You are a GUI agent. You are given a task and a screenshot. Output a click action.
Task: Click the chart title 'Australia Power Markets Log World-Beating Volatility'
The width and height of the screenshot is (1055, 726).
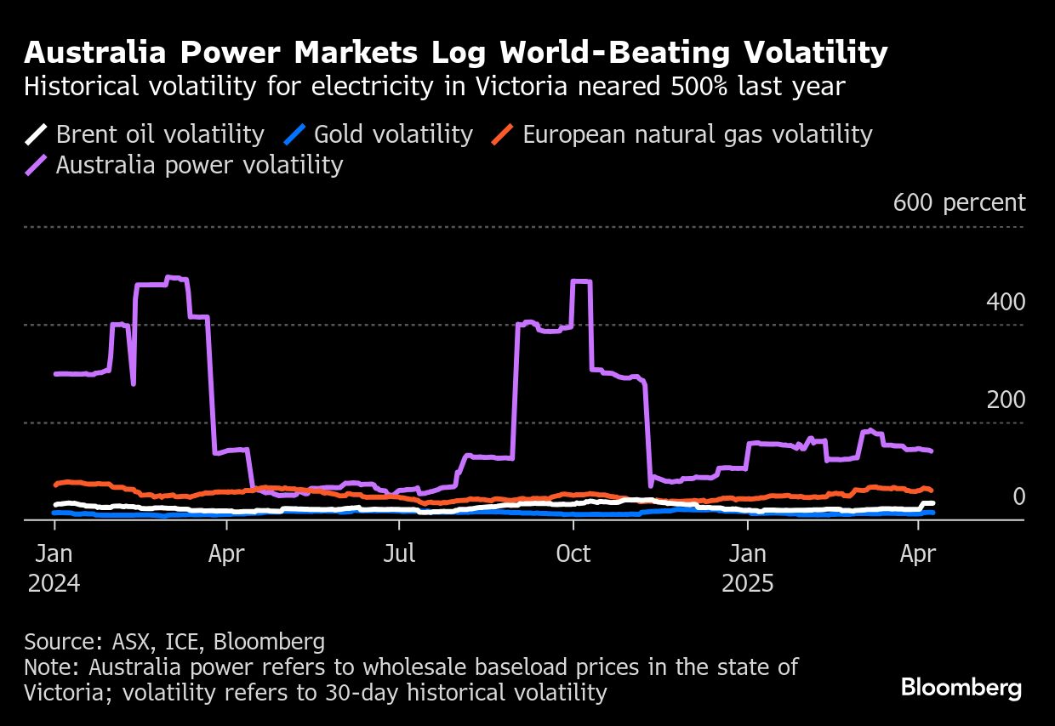456,54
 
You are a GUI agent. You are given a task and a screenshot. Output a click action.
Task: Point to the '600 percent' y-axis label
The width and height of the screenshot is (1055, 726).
959,203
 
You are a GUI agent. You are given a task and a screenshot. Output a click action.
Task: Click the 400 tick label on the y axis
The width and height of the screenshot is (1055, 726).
1006,302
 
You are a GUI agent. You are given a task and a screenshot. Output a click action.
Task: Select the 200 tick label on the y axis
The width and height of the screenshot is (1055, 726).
1006,400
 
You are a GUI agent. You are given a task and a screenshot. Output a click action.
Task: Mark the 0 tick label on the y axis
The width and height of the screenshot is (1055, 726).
1018,496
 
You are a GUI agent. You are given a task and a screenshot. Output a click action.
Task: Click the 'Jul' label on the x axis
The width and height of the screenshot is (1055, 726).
399,554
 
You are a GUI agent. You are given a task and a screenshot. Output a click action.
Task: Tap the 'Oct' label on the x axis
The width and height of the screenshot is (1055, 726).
573,554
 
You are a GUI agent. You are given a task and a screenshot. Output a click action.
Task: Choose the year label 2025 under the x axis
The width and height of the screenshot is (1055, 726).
747,585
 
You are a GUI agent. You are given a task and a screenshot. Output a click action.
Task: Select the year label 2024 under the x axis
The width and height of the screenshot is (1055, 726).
54,585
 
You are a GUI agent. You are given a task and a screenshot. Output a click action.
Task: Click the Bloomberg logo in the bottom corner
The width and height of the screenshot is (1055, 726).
961,688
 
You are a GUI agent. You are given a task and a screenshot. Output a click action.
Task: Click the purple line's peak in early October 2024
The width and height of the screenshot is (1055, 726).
582,281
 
